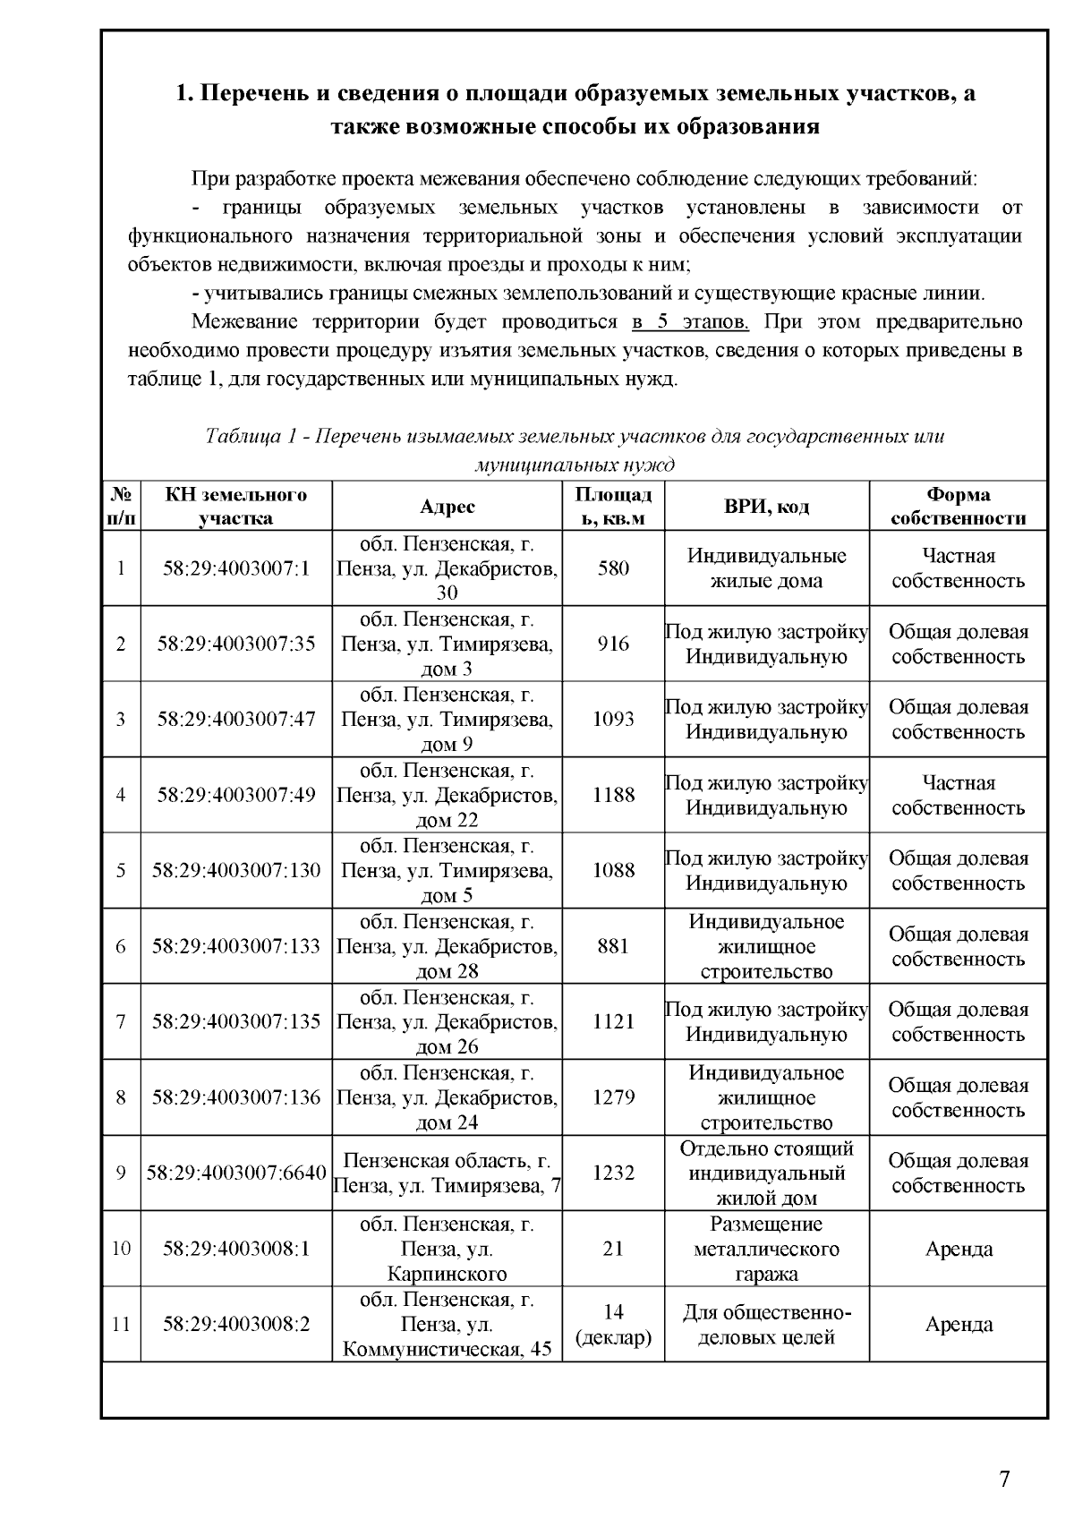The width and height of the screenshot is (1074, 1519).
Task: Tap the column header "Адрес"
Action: click(447, 507)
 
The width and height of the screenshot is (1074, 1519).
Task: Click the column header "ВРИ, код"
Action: click(765, 507)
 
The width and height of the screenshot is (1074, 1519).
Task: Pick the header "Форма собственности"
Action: click(958, 507)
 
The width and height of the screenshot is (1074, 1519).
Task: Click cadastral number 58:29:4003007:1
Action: click(236, 568)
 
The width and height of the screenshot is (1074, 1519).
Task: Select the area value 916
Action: click(613, 644)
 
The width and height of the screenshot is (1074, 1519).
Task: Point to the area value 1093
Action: click(613, 719)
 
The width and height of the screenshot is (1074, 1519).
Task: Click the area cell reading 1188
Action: click(613, 795)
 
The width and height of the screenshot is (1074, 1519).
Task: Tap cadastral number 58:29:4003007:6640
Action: click(236, 1173)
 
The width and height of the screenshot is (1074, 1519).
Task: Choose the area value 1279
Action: click(613, 1097)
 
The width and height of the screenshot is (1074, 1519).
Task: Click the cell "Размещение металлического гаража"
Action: click(765, 1249)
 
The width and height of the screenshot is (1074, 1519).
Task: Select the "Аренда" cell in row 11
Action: click(958, 1325)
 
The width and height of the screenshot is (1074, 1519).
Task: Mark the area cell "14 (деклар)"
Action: click(613, 1325)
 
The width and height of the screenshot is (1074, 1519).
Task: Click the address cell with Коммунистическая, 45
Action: click(447, 1325)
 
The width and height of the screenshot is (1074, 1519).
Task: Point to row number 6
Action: click(121, 946)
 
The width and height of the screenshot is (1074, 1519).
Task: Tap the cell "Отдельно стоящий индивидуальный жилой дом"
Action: click(765, 1173)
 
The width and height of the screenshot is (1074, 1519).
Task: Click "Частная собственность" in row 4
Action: click(958, 795)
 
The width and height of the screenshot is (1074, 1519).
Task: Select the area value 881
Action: click(613, 946)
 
